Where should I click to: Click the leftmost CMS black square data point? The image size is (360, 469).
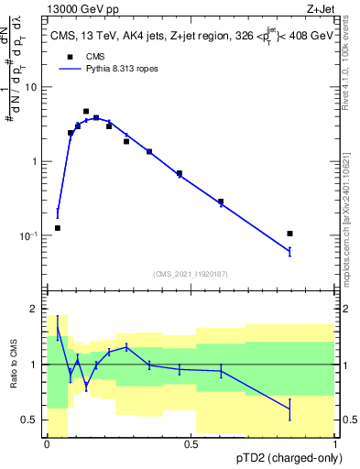[58, 228]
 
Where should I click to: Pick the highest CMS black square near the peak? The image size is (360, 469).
[86, 111]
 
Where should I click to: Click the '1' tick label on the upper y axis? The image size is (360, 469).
[36, 161]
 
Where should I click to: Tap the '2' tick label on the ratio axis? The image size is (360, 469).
[36, 309]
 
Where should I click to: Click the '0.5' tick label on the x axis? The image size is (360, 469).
[191, 444]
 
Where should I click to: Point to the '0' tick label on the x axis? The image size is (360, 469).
[47, 444]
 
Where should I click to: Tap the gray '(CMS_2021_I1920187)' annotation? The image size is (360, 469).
[191, 273]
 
